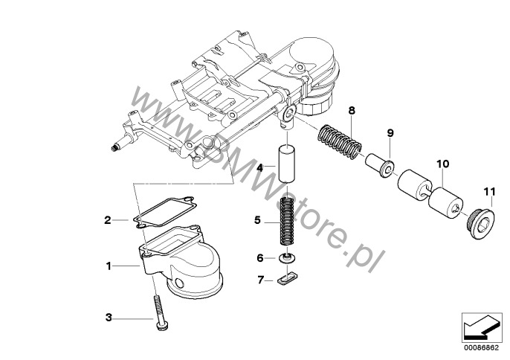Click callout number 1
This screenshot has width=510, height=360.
point(109,265)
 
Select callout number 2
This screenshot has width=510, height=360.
point(107,219)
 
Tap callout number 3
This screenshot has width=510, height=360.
point(108,318)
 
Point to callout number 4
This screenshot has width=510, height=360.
point(260,170)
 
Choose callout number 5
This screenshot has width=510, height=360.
point(257,220)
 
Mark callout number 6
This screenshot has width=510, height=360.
point(260,258)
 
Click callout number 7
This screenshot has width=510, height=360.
point(260,280)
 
